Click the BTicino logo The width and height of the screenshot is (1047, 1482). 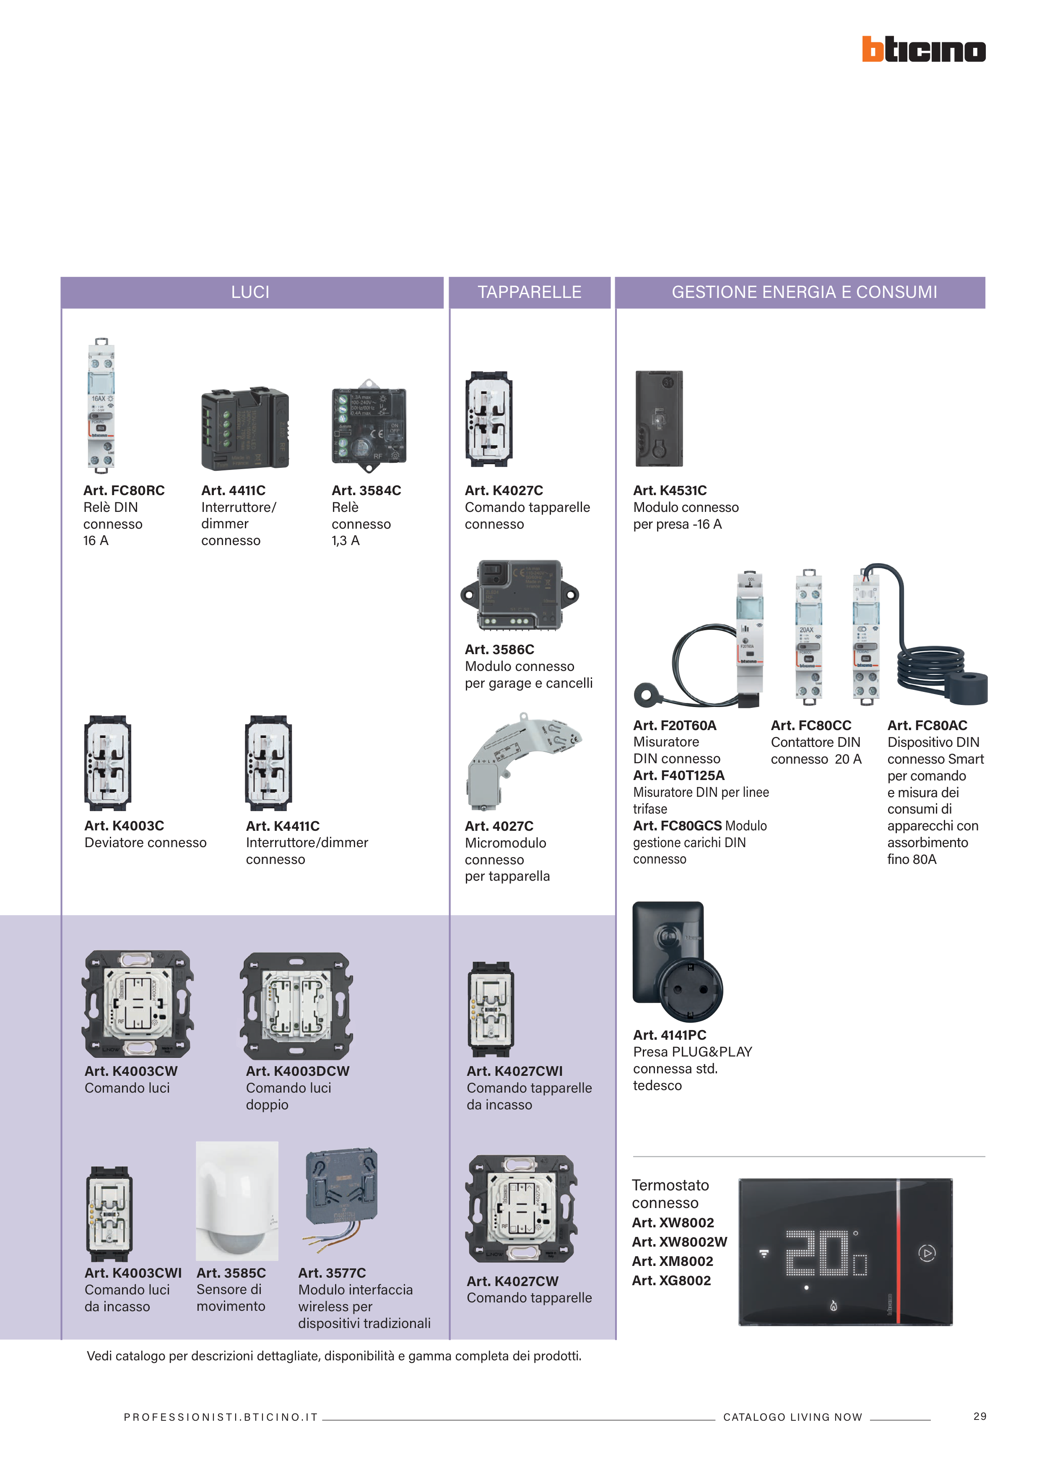[923, 50]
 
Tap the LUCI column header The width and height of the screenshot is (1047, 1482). [250, 292]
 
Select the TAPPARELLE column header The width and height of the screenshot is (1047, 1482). [529, 292]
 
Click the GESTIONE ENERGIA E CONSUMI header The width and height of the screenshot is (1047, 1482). [804, 292]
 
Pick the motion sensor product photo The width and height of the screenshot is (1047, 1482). [237, 1200]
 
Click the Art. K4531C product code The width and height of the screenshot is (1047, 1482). [670, 491]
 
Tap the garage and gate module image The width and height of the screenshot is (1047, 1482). [519, 595]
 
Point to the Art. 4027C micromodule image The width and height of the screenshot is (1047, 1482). [519, 762]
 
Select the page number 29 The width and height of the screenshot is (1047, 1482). [979, 1416]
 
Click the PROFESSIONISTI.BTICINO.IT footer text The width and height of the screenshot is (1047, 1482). [221, 1417]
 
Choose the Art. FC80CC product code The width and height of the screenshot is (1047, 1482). [811, 725]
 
